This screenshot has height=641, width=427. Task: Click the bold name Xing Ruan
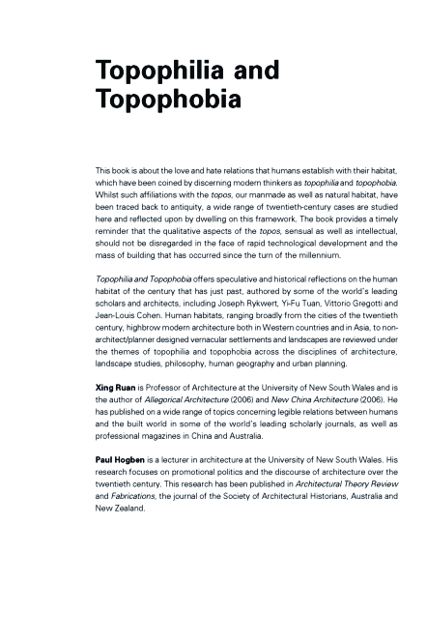tap(118, 412)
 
